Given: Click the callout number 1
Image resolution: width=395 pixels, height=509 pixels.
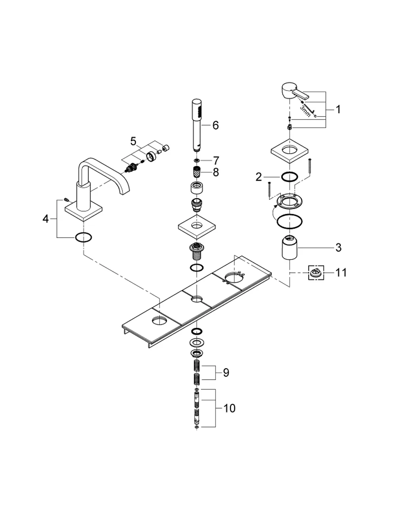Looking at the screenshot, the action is tap(338, 110).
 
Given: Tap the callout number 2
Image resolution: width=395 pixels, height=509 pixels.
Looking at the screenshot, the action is tap(258, 177).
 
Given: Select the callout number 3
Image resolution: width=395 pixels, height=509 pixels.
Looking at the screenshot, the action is tap(339, 248).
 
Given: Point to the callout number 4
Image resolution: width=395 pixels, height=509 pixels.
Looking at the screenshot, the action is tap(45, 219).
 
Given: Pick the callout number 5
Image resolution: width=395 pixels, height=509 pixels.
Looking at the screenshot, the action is tap(133, 141).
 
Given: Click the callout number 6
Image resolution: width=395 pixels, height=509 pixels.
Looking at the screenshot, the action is tap(215, 125).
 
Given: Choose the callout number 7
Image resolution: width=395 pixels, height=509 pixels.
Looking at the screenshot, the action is tap(216, 161).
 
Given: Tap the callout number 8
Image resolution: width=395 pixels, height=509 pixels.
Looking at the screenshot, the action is tap(216, 172).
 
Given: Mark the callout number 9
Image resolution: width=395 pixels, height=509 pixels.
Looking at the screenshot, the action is tap(226, 373).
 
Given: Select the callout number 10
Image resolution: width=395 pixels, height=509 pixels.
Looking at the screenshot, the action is tap(229, 409).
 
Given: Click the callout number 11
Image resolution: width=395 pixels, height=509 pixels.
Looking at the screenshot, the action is tap(341, 272).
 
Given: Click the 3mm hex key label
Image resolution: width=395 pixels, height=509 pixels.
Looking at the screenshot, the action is tap(305, 111).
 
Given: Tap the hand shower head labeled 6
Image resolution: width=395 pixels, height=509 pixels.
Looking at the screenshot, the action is tap(197, 125).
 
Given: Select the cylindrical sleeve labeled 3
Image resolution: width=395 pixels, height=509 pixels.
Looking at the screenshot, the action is tap(290, 248).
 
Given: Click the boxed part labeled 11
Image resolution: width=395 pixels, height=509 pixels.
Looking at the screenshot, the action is tap(316, 273).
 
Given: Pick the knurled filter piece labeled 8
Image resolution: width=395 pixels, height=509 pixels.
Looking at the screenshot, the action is tap(197, 172).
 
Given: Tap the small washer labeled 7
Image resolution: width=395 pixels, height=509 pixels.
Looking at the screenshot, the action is tap(197, 161).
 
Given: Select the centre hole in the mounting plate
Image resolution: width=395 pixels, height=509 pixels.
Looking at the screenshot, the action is tap(197, 299).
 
